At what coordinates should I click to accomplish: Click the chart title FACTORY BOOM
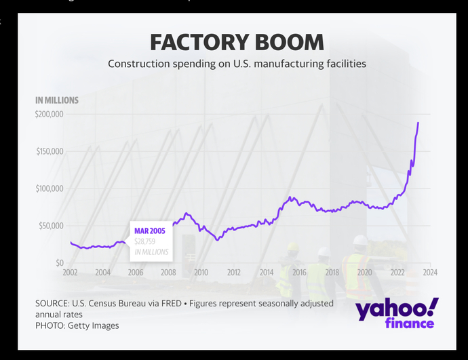(237, 42)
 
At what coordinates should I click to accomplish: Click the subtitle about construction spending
(237, 64)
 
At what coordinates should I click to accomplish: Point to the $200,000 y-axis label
(50, 114)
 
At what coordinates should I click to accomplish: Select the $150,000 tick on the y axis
(50, 151)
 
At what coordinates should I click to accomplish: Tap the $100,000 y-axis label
(50, 188)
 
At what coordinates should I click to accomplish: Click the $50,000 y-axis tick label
(51, 226)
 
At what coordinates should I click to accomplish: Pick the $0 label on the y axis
(59, 263)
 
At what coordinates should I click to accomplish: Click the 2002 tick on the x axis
(70, 273)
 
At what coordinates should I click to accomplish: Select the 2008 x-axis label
(168, 273)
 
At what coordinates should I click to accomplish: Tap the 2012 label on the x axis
(234, 273)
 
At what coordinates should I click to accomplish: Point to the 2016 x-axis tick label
(299, 273)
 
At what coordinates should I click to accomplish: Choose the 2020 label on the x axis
(365, 273)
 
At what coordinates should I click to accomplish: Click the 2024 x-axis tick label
(430, 273)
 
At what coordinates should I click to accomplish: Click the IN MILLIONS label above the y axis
(57, 100)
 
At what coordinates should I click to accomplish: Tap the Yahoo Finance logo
(396, 313)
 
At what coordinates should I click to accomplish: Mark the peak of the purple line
(418, 123)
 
